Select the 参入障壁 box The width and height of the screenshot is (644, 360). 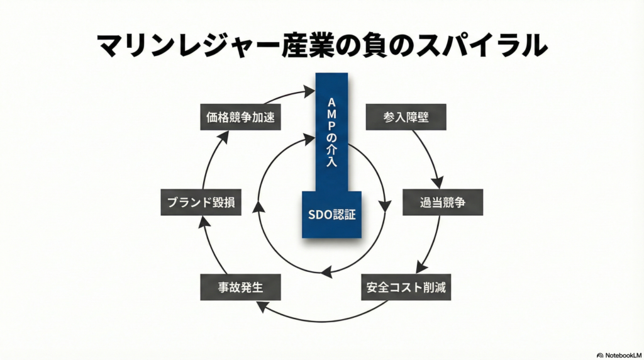pos(406,117)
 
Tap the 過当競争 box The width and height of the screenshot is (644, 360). pos(443,203)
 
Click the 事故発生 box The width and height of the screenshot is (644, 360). pos(240,287)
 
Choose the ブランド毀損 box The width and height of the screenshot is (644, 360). pos(201,203)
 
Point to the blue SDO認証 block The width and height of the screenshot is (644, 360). pos(331,214)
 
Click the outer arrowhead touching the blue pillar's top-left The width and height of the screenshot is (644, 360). pos(309,92)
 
